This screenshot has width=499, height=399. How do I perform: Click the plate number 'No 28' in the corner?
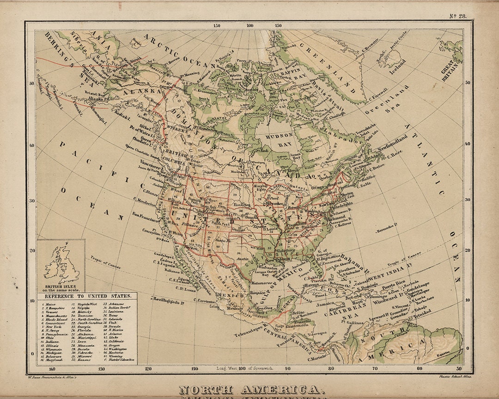[x=457, y=16]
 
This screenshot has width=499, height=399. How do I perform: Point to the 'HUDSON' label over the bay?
[x=280, y=135]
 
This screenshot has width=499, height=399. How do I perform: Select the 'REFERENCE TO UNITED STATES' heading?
[x=87, y=296]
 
